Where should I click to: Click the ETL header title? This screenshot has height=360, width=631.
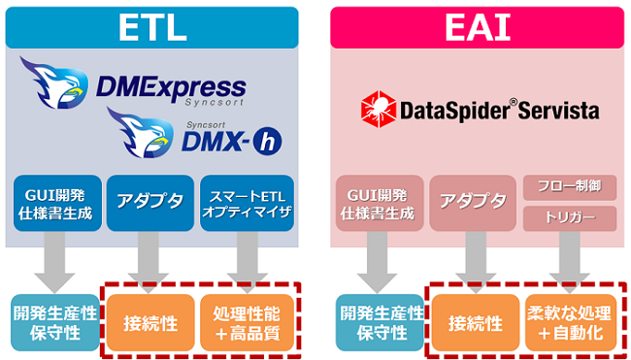152,28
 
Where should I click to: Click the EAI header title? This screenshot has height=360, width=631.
478,28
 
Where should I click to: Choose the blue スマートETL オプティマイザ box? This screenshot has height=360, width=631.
247,203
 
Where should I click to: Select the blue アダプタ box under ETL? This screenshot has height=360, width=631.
150,203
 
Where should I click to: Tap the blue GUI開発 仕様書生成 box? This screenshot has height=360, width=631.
57,203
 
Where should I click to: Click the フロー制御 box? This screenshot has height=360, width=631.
570,187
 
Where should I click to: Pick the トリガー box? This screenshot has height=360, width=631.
570,218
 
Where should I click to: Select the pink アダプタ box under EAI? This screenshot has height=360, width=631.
473,203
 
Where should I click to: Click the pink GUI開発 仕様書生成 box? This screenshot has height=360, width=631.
380,203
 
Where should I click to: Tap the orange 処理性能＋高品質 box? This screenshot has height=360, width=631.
248,322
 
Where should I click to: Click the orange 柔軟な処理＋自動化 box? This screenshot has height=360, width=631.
571,322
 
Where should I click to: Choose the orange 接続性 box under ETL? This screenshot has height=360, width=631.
150,322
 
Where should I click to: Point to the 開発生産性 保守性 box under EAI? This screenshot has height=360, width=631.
380,322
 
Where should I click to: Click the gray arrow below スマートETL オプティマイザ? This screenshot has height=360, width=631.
248,262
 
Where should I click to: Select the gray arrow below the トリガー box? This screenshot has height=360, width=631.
570,262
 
